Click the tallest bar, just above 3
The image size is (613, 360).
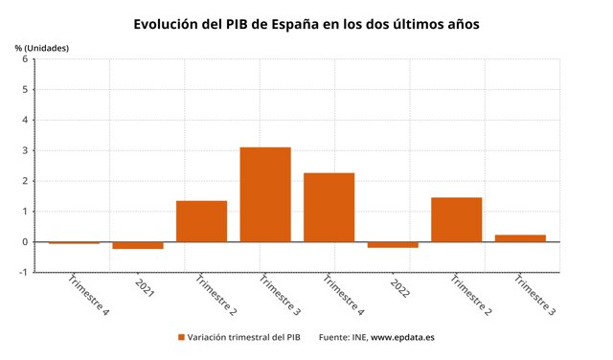(x=265, y=194)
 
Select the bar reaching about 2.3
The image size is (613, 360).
(x=329, y=207)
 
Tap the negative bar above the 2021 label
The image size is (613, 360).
(x=138, y=245)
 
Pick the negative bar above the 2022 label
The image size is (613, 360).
(x=393, y=244)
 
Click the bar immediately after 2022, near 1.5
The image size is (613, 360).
(x=456, y=219)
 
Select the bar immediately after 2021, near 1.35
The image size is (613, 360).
(x=201, y=221)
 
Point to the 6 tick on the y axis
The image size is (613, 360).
(x=25, y=59)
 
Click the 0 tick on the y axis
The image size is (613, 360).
(x=25, y=241)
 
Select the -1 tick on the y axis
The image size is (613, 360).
(x=23, y=272)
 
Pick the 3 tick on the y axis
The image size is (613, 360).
(x=25, y=150)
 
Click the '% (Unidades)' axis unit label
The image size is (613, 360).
(x=42, y=47)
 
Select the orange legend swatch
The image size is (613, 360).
(x=181, y=337)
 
